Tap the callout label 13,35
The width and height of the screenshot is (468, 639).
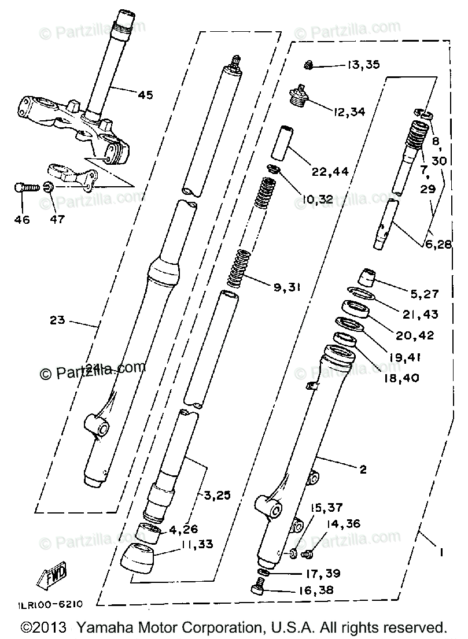(x=363, y=64)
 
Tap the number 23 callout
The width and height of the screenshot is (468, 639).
(x=58, y=320)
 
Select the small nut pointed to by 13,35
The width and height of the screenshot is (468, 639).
(x=309, y=64)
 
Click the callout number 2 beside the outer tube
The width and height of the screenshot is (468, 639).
(x=363, y=470)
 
